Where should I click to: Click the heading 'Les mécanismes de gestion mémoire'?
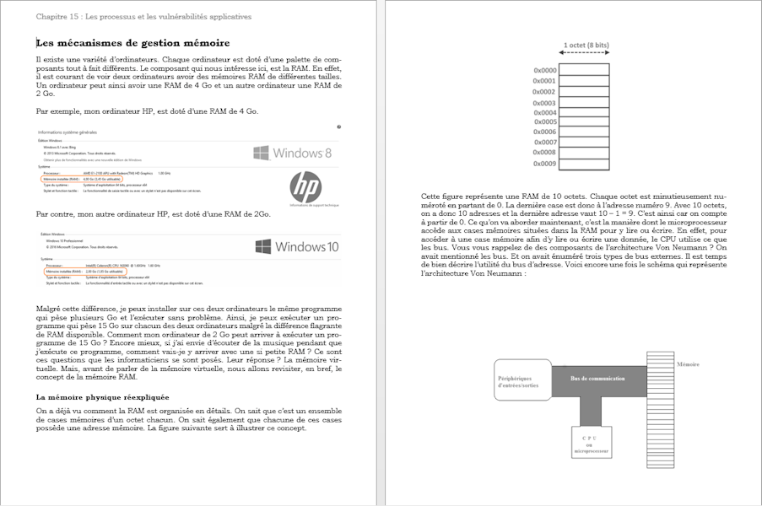133,43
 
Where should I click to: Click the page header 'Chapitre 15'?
143,16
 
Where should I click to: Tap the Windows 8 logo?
292,153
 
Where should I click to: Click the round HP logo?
305,187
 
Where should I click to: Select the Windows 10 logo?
296,247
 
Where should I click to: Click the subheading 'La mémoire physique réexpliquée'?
102,396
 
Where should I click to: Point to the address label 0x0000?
544,71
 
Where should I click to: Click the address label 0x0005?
544,122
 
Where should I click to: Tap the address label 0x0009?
544,164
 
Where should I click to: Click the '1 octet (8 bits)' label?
586,45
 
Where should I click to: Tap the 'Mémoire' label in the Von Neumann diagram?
688,364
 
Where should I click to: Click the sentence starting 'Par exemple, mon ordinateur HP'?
148,110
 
